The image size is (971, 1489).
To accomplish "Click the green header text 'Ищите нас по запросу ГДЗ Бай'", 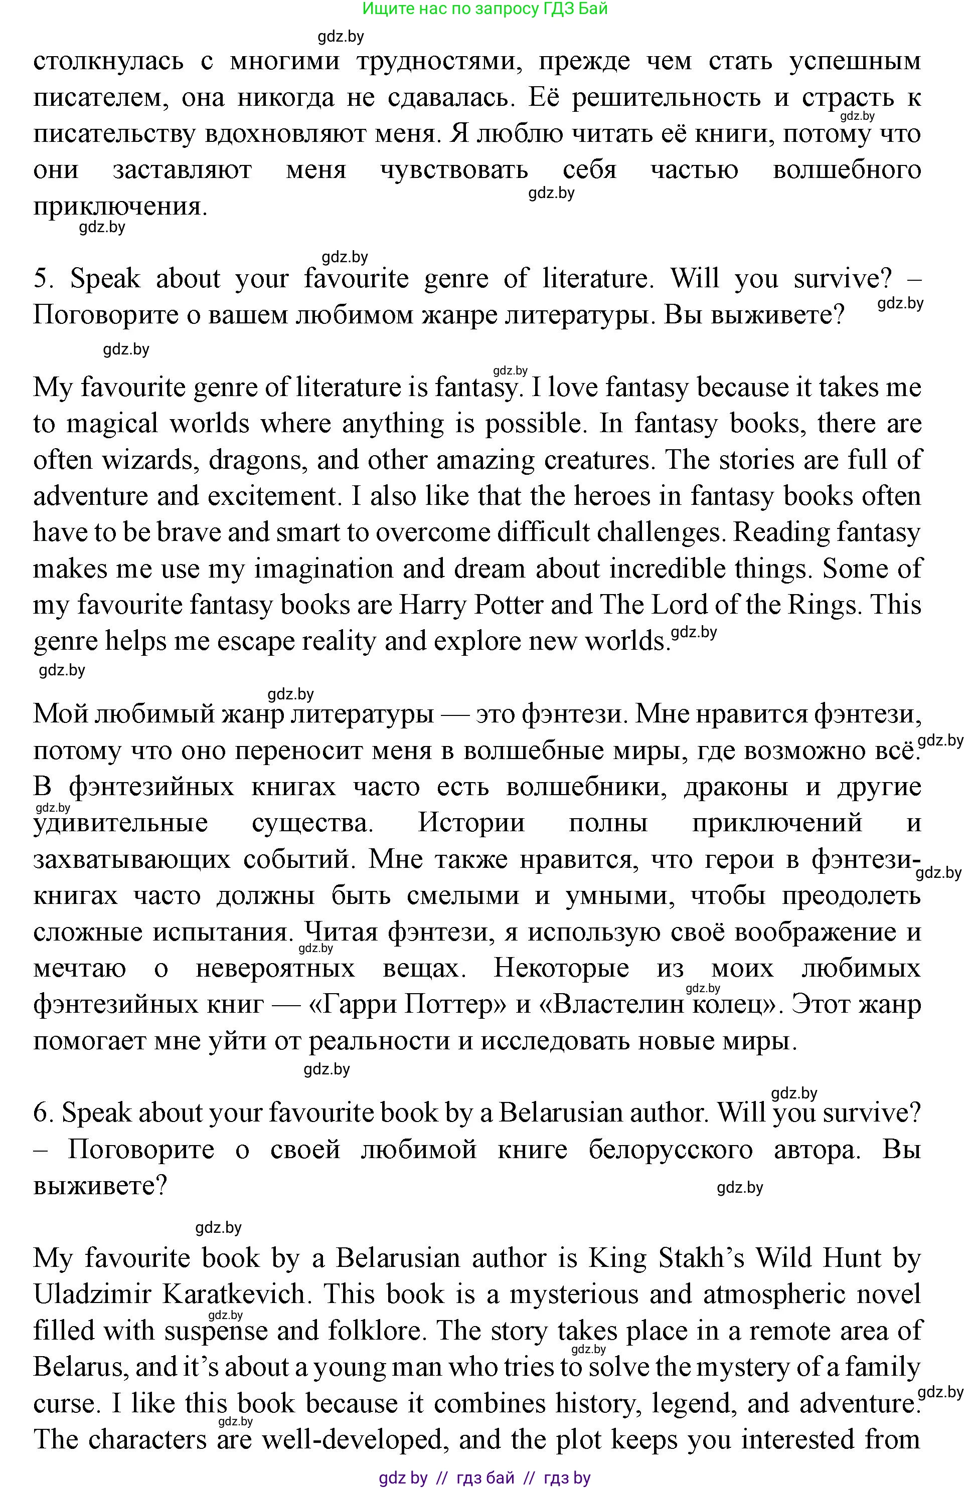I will [484, 9].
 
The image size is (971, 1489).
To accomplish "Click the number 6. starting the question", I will [43, 1113].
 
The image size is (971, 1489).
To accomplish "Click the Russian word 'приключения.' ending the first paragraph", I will [119, 207].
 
